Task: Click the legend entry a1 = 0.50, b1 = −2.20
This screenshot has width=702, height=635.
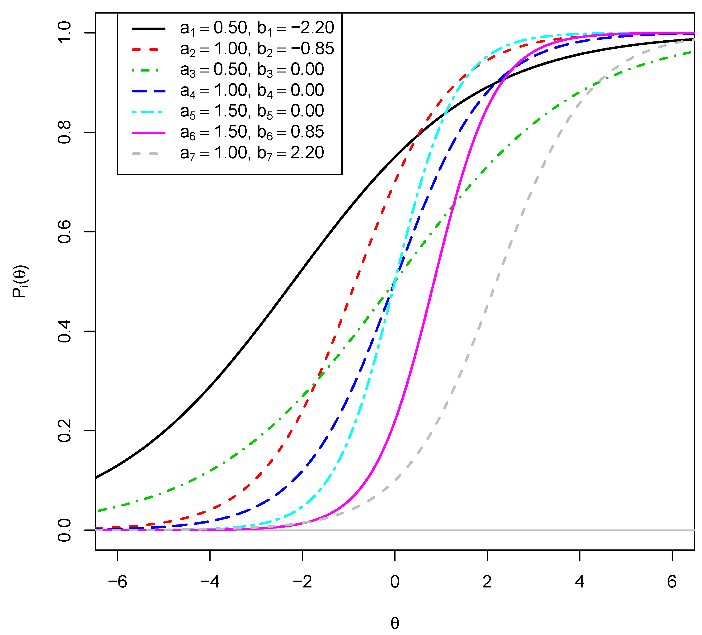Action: tap(257, 28)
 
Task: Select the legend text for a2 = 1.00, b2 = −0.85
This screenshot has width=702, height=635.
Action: tap(257, 49)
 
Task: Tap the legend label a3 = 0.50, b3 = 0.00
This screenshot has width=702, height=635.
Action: tap(252, 70)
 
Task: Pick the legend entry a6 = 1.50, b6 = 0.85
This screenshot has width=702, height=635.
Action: tap(252, 132)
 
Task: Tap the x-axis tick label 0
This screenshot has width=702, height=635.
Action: tap(395, 582)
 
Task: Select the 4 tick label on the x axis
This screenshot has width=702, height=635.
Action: tap(580, 582)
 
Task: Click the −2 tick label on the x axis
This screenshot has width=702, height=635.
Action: tap(302, 582)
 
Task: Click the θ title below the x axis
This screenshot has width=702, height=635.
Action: tap(395, 624)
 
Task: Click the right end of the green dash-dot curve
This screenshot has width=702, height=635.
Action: tap(693, 52)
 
